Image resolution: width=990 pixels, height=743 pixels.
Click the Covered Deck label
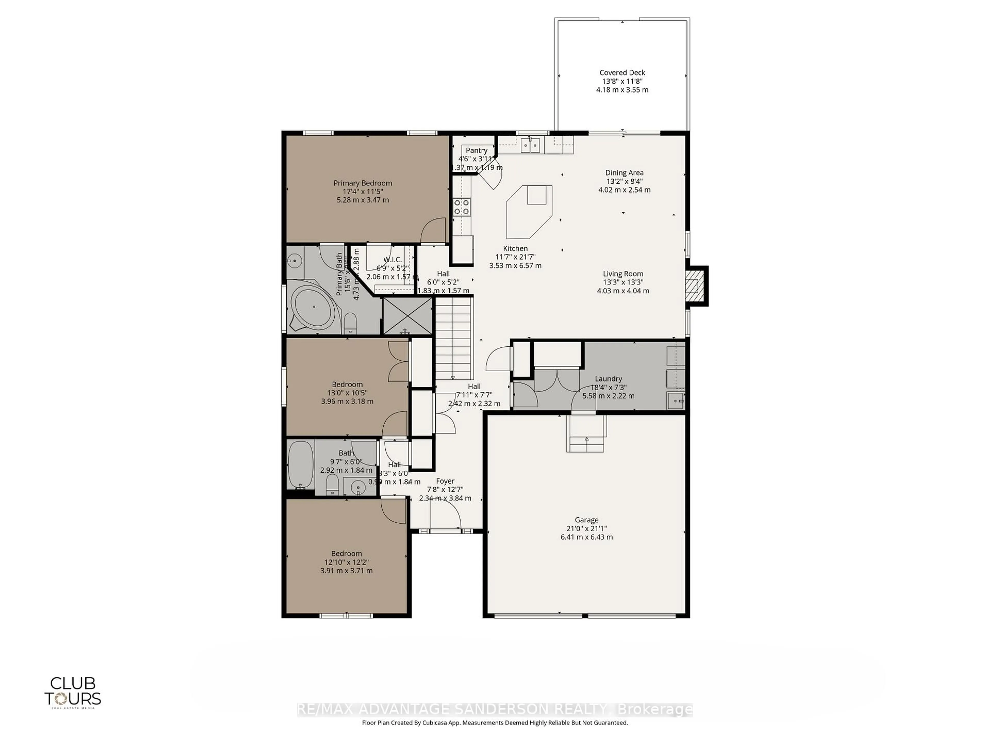pyautogui.click(x=622, y=72)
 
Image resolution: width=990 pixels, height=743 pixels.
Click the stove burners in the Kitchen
pyautogui.click(x=462, y=207)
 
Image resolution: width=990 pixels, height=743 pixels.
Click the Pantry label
pyautogui.click(x=476, y=150)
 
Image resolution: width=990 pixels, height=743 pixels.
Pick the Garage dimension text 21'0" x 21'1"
pyautogui.click(x=586, y=528)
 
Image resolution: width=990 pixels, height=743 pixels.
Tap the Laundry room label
pyautogui.click(x=608, y=378)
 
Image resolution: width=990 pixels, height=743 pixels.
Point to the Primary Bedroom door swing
pyautogui.click(x=433, y=231)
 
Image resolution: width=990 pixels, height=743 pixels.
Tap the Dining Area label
pyautogui.click(x=624, y=172)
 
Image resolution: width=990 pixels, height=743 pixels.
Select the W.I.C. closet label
pyautogui.click(x=392, y=260)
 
